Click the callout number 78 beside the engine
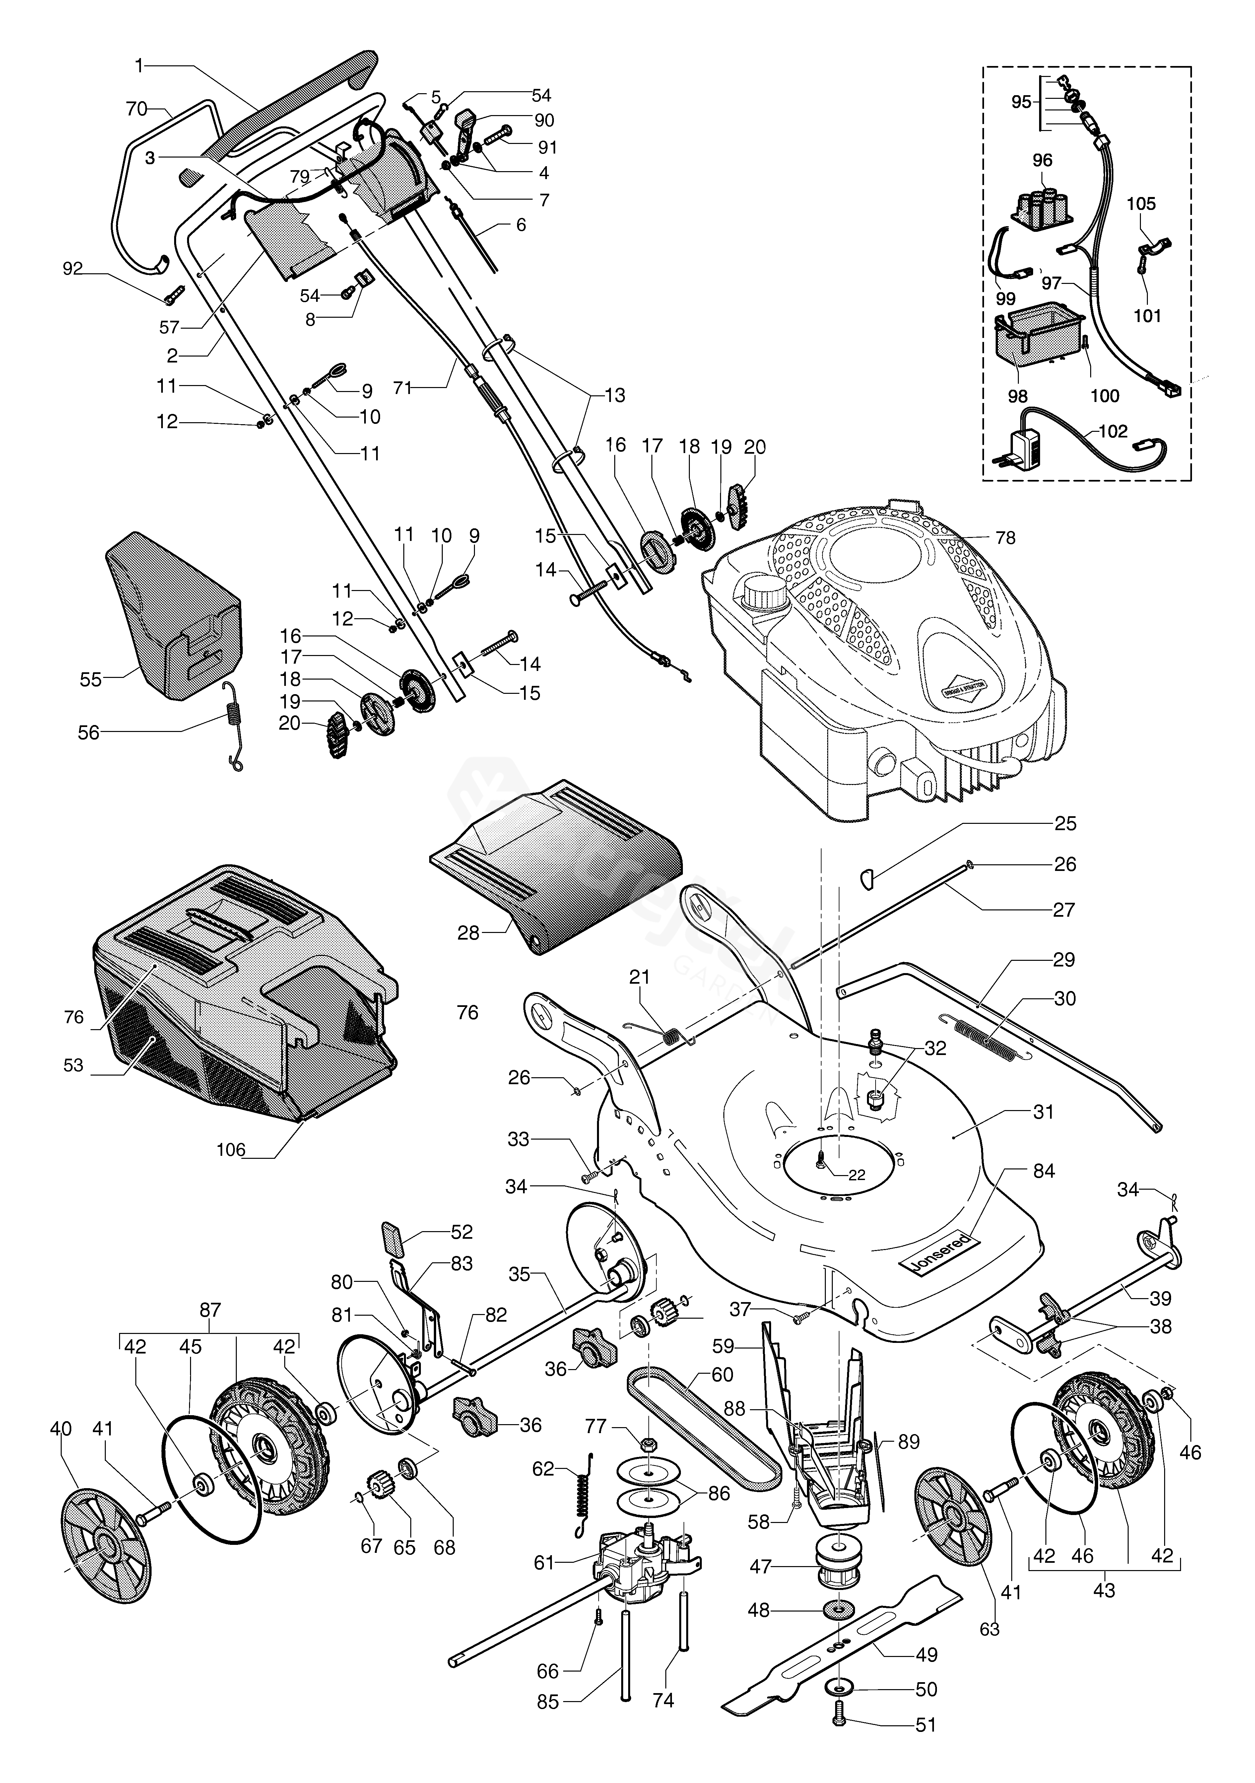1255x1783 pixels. coord(1005,537)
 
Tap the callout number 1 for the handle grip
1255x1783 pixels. coord(140,67)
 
